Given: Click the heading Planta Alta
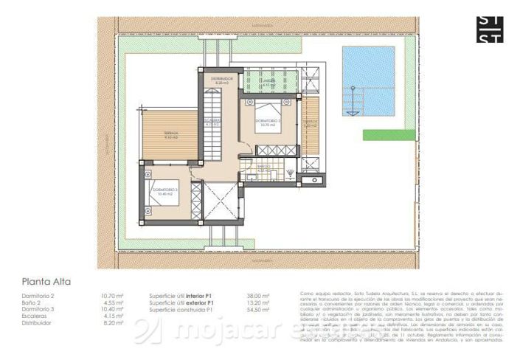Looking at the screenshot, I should tap(46, 281).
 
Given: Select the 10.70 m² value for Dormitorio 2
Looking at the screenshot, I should tap(111, 295).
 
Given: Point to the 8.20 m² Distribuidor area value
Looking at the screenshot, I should tap(111, 322).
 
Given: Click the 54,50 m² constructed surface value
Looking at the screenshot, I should tap(258, 308).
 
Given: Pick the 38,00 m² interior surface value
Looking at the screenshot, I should tap(258, 295).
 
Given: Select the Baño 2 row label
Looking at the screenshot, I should tap(31, 302).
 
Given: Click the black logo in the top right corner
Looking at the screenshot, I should tap(490, 29).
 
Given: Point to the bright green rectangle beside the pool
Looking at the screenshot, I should tap(389, 134).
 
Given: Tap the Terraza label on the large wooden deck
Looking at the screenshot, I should tap(170, 134).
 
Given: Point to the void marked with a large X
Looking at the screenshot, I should tap(221, 200).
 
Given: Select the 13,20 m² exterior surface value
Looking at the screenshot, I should tap(258, 302).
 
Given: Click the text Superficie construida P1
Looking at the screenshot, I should tap(181, 308).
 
